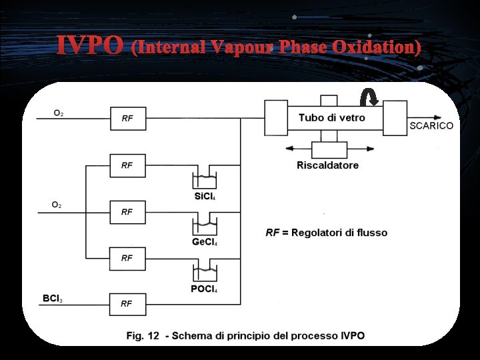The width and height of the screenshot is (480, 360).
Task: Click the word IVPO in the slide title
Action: [89, 46]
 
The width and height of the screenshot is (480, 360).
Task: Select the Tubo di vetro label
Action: [332, 118]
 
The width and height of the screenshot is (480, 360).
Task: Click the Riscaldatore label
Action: [327, 165]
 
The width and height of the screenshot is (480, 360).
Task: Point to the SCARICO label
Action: [431, 125]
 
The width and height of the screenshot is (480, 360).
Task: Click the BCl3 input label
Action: [53, 299]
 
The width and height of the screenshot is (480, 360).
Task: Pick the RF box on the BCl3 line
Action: [127, 303]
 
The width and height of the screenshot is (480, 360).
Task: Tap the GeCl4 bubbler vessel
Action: [205, 226]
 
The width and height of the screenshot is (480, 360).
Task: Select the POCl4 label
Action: [204, 289]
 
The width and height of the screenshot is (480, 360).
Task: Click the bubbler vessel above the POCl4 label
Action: [205, 272]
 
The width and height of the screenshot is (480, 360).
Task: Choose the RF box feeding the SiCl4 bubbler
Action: [127, 165]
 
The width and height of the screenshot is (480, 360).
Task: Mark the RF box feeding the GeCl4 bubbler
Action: [127, 211]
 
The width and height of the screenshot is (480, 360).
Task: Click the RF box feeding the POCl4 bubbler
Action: [127, 257]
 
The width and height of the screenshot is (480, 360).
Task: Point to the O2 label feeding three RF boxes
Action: [57, 205]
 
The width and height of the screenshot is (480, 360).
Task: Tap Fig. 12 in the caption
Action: [143, 335]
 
